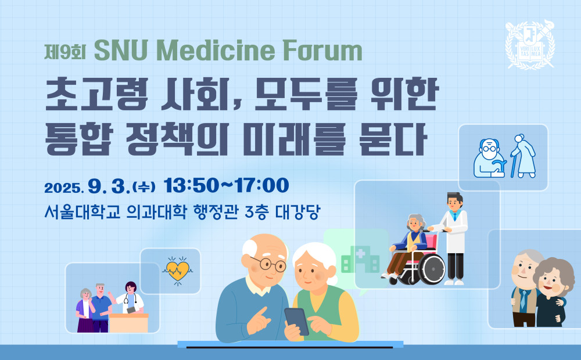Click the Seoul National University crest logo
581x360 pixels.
pos(530,45)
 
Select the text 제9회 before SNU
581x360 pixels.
pos(65,52)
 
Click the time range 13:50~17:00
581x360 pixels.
pos(227,185)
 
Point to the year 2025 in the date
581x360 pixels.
pos(63,188)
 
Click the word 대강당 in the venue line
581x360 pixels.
pos(297,212)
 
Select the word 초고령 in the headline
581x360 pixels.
pos(96,93)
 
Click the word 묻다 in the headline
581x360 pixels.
pos(393,139)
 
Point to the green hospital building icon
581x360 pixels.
pos(360,260)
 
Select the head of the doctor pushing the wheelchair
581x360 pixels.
pos(455,201)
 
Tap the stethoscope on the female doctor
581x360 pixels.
pos(127,297)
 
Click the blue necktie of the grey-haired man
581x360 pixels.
pos(523,300)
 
